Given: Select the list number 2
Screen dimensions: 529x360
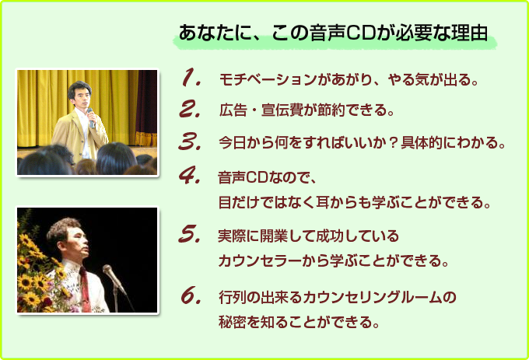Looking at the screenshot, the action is point(190,109).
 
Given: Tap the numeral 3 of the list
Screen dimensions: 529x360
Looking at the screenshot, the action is point(190,142).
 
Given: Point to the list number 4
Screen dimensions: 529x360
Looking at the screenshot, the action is point(190,175).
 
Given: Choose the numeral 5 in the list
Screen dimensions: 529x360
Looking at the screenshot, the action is point(190,233).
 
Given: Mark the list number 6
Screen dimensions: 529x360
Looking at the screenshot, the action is point(191,295).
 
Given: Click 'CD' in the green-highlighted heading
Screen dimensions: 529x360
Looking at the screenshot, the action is point(361,33).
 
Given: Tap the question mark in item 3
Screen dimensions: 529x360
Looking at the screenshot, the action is point(392,142).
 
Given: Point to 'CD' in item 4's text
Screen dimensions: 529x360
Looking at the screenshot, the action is point(257,177).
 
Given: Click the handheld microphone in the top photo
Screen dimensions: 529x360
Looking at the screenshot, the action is point(91,118).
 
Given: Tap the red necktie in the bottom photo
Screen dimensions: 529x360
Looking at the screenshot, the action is point(84,289).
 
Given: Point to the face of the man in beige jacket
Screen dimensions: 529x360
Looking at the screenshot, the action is point(82,97).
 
